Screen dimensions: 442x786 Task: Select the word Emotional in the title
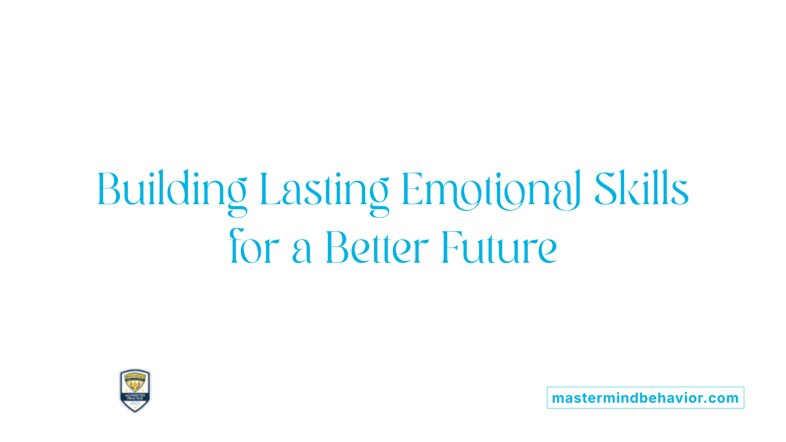(491, 189)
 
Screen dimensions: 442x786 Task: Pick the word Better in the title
(377, 247)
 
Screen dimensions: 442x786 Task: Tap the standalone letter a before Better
(302, 252)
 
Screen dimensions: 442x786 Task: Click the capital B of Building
(108, 189)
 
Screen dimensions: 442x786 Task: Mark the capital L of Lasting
(268, 189)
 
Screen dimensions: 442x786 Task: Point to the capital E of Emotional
(411, 189)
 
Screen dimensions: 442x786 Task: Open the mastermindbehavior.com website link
(645, 398)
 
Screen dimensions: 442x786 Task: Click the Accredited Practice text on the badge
(135, 396)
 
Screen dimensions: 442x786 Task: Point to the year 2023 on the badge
(135, 404)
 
